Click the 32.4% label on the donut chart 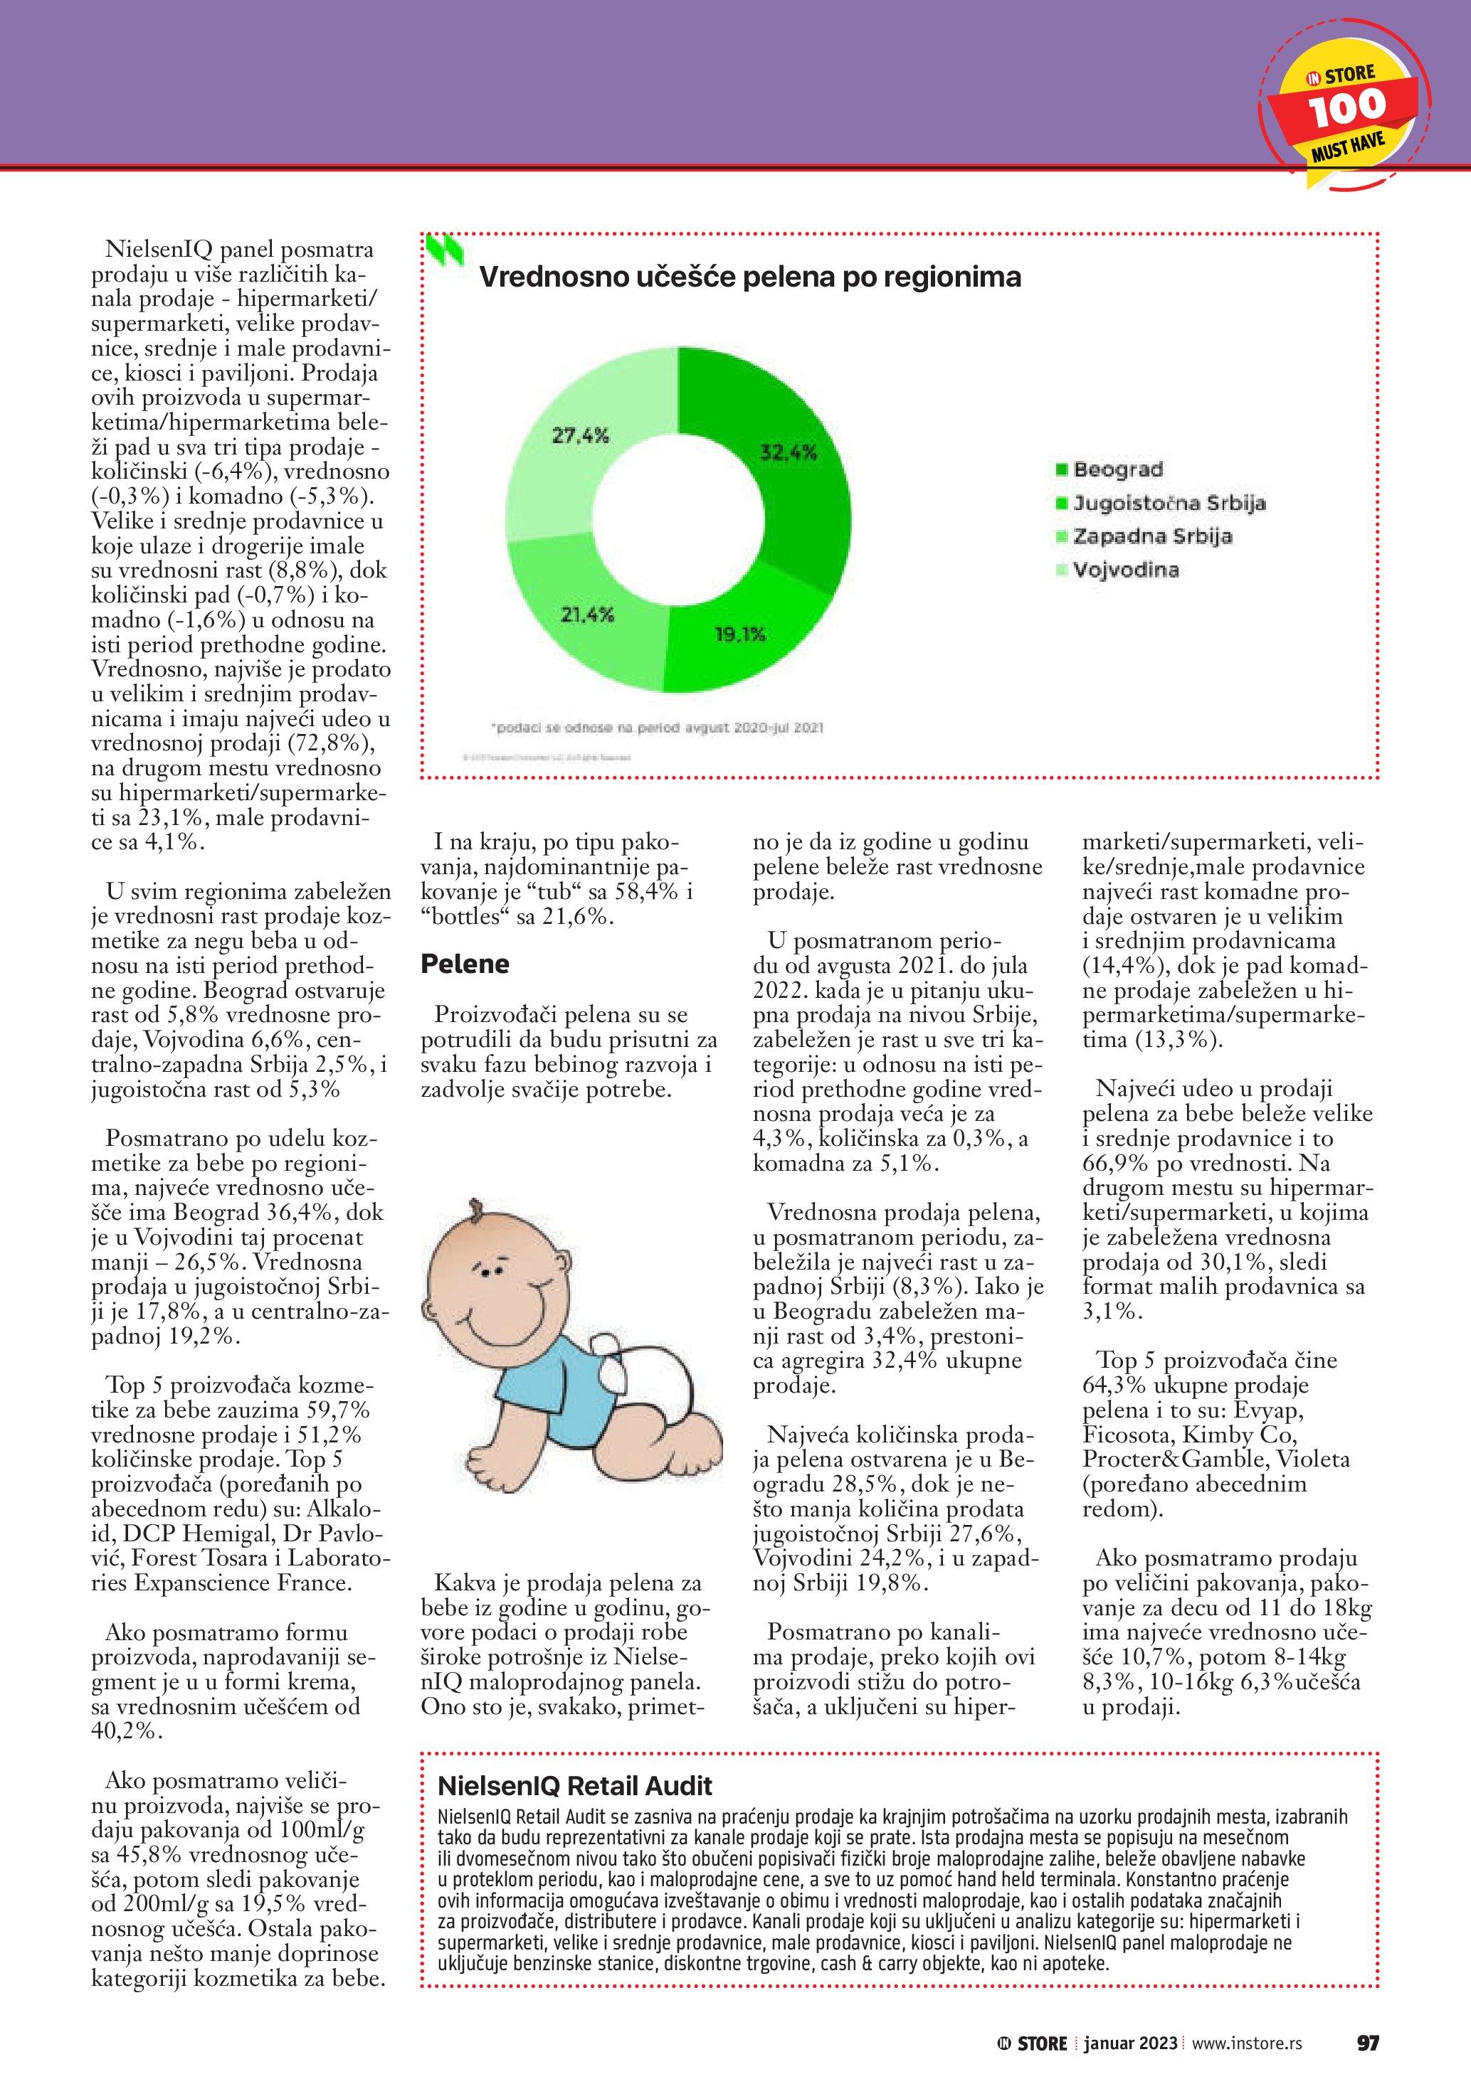point(788,452)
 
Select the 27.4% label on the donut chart point(581,435)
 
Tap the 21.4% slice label point(587,615)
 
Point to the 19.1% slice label point(740,634)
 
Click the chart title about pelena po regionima point(749,276)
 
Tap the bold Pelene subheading point(465,964)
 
